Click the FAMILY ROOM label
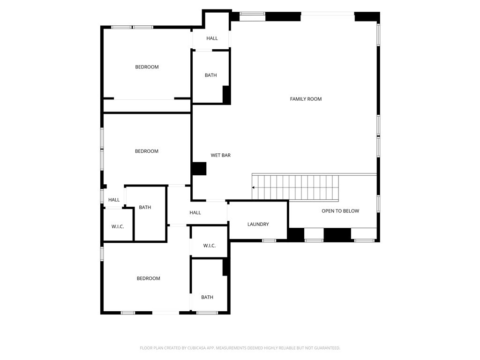(x=306, y=99)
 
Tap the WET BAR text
(x=220, y=155)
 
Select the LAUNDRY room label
(x=258, y=225)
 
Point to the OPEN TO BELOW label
(x=340, y=211)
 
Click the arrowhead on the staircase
(x=254, y=187)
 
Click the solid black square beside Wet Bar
(x=199, y=169)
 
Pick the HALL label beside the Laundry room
(x=195, y=213)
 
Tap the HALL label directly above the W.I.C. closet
(x=114, y=200)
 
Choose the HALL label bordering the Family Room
(x=212, y=38)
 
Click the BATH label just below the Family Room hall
(x=210, y=75)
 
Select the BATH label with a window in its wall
(x=207, y=297)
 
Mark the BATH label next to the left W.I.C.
(x=145, y=207)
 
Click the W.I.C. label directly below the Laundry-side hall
(x=209, y=246)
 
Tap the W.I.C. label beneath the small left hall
(x=118, y=227)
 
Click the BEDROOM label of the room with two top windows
(x=147, y=67)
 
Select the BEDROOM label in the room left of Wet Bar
(x=146, y=151)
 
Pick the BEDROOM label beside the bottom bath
(x=148, y=278)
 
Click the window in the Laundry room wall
(x=269, y=240)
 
